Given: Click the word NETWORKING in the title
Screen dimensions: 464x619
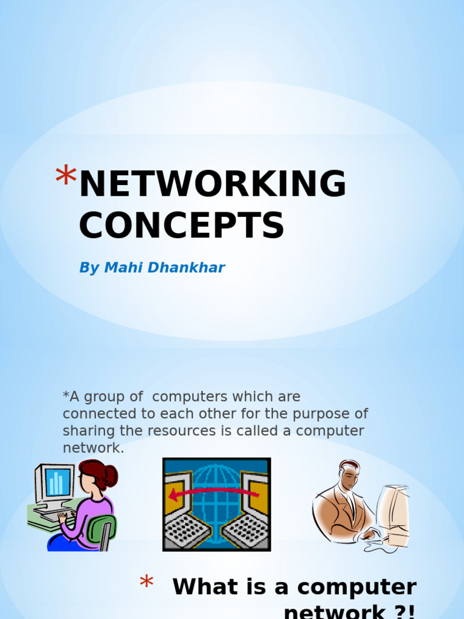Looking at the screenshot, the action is pos(213,184).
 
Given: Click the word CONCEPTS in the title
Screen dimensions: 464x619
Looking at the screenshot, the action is pos(181,225).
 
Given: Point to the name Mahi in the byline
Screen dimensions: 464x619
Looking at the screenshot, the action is pos(121,268).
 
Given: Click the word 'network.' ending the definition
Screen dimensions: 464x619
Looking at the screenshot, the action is pos(93,448).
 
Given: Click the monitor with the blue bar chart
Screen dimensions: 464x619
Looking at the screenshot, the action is pos(55,483).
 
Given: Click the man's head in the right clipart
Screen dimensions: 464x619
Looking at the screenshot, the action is pos(349,476).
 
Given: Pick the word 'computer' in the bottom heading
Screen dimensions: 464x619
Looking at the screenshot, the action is pos(356,587).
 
